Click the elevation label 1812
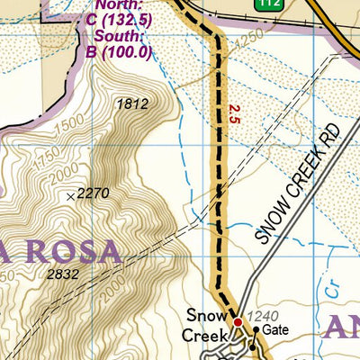point(131,104)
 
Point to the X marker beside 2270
point(71,195)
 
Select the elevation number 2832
point(63,274)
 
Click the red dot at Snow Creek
point(238,321)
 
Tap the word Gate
point(276,330)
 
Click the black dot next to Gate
point(255,330)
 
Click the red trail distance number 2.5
point(235,113)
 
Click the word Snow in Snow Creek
point(204,316)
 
